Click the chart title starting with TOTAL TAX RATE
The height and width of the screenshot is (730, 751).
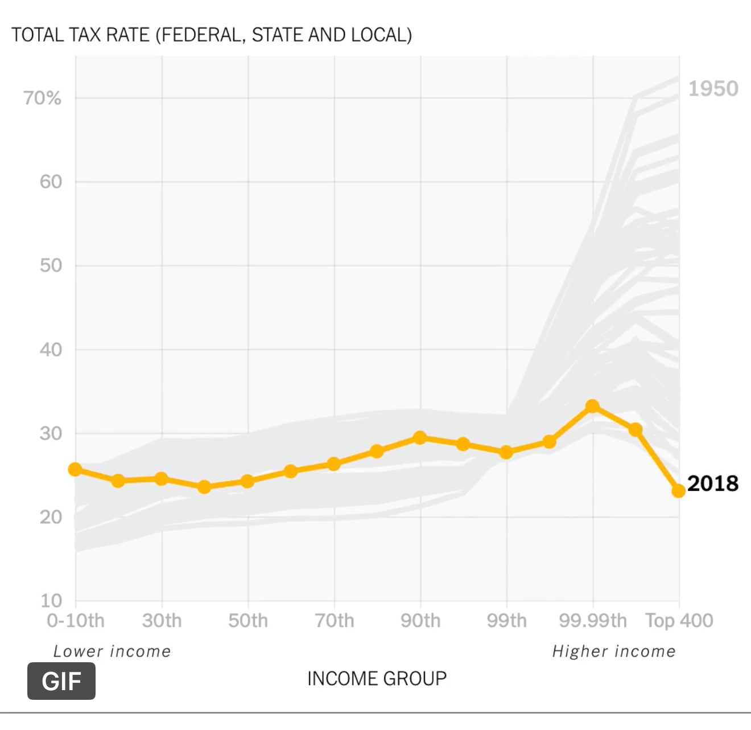point(212,35)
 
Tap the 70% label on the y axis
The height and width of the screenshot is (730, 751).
point(42,98)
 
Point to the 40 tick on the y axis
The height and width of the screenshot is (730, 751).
point(51,350)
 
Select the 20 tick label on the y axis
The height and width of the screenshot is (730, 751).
point(51,517)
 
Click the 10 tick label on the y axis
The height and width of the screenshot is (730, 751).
point(51,600)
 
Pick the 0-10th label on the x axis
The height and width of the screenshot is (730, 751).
point(76,621)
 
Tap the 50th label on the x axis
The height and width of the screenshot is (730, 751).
point(248,621)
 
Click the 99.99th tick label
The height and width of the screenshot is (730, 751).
point(593,621)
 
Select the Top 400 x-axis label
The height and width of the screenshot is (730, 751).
point(679,621)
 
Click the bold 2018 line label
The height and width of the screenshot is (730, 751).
point(713,483)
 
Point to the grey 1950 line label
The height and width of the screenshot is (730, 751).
point(713,89)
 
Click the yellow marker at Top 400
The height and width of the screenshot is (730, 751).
point(678,490)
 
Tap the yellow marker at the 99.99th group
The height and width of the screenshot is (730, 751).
point(592,406)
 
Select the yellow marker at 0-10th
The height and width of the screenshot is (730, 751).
point(75,469)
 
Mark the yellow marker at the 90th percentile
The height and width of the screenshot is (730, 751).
point(420,438)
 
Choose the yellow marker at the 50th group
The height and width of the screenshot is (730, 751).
point(247,481)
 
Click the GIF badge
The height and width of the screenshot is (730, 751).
point(61,681)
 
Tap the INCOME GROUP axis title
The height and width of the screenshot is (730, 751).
point(377,679)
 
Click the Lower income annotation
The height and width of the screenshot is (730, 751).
point(112,651)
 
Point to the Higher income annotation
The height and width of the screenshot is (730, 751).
point(614,651)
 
